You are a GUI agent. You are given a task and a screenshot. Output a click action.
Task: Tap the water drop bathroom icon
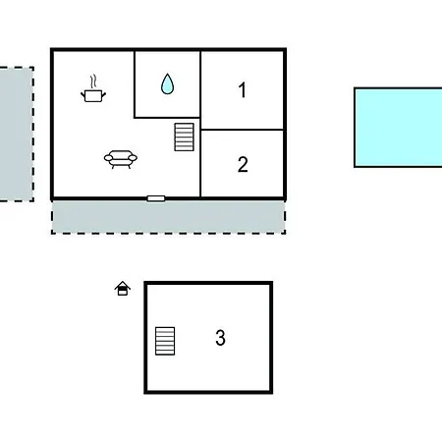[x=167, y=83]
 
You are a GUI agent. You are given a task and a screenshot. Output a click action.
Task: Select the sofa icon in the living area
[x=121, y=159]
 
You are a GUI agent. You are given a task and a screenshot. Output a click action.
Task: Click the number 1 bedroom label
[x=243, y=90]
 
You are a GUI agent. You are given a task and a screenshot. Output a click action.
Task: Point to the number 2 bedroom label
[x=243, y=164]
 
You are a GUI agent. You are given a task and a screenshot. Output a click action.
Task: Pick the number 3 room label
[x=220, y=338]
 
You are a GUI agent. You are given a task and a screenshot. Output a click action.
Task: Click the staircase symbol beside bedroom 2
[x=184, y=137]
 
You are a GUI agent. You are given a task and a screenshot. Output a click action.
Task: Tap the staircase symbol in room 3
[x=165, y=341]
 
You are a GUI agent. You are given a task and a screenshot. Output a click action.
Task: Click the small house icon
[x=123, y=289]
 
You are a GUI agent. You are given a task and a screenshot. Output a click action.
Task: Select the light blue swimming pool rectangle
[x=398, y=128]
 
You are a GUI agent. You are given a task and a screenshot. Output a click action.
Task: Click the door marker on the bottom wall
[x=156, y=198]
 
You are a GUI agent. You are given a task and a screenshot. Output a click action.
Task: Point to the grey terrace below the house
[x=168, y=217]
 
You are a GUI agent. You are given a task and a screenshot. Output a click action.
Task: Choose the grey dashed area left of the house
[x=17, y=135]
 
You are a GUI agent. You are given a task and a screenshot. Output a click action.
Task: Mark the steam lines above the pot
[x=93, y=82]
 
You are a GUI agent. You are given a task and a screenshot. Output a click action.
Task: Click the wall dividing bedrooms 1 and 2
[x=242, y=130]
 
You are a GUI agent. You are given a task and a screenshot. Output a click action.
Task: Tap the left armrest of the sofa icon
[x=108, y=158]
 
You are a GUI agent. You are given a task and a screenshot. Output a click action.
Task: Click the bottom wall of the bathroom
[x=167, y=117]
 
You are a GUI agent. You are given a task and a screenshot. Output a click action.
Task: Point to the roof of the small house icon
[x=123, y=285]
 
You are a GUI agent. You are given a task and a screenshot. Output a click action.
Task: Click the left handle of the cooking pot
[x=83, y=95]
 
